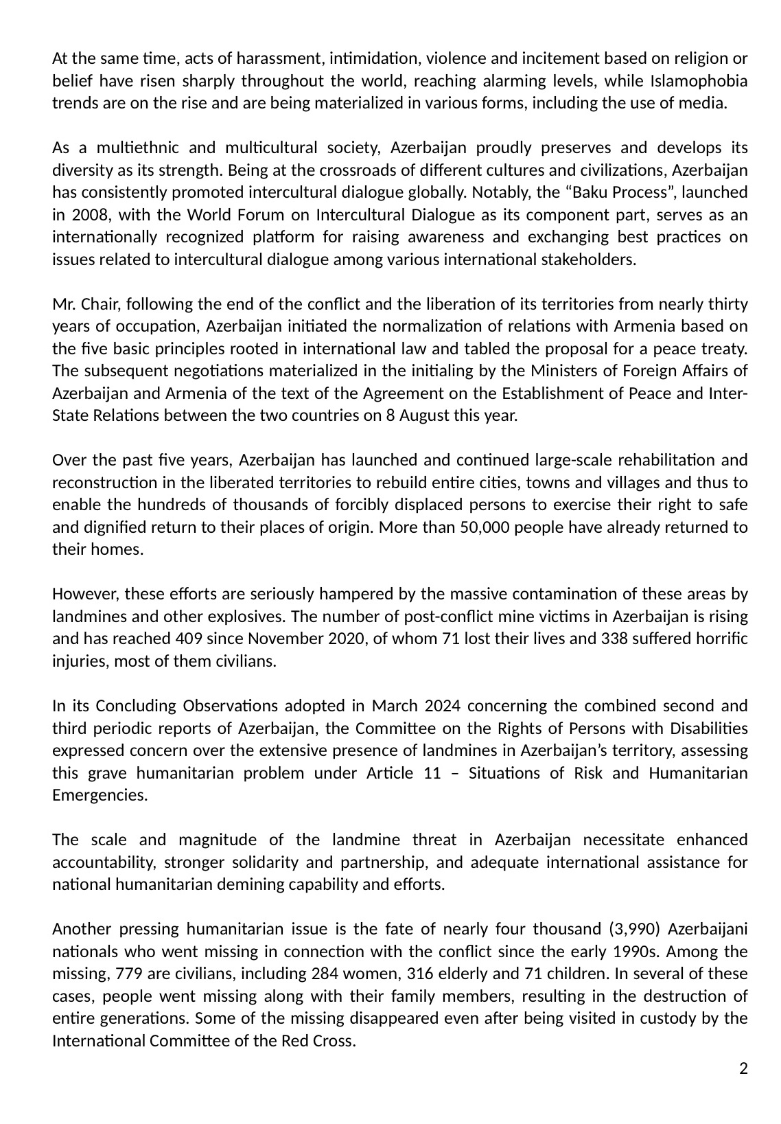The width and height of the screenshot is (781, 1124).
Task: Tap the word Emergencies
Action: tap(100, 796)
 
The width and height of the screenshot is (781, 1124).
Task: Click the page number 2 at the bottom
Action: tap(743, 1068)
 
